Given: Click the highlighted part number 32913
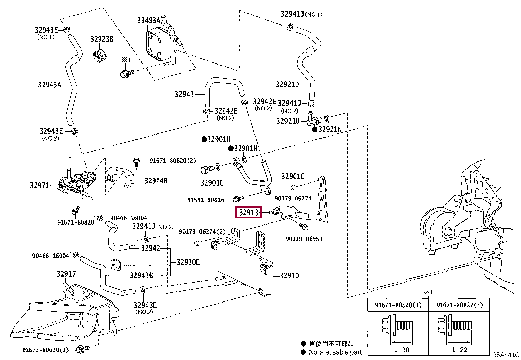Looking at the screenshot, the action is point(249,212).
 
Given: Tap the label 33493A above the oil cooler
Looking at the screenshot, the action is point(149,21).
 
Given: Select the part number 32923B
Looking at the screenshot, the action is point(102,39).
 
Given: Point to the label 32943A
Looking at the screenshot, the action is point(49,85).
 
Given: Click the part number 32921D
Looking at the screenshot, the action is point(287,84).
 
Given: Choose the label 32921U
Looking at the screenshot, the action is point(288,121).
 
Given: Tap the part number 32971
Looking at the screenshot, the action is point(40,186).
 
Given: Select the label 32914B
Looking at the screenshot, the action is point(156,181).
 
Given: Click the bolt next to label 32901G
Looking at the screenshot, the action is point(207,169).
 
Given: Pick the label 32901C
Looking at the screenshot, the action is point(293,176).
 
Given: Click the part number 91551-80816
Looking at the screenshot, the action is point(206,200).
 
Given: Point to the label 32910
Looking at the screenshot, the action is point(289,276).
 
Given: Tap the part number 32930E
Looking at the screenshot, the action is point(188,262).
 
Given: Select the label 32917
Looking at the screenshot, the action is point(66,274).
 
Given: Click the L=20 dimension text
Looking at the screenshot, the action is point(402,350).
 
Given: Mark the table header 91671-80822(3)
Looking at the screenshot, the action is point(459,305).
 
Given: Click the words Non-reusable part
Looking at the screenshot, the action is point(335,352).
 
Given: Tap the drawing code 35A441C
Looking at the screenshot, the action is point(506,355).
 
